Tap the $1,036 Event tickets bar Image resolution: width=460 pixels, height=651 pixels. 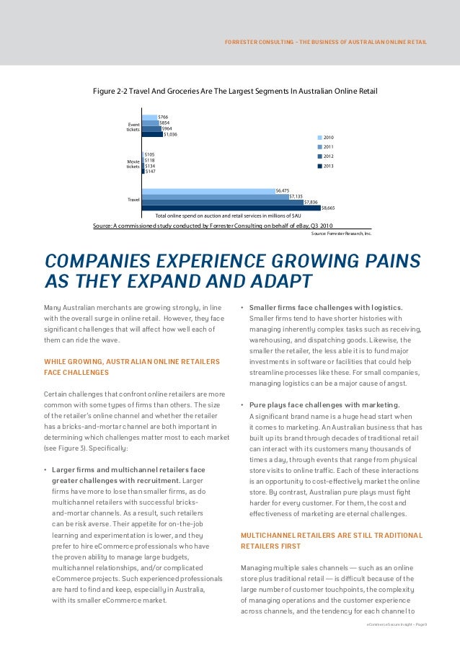coord(152,134)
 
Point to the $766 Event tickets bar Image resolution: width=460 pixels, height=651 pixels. coord(149,117)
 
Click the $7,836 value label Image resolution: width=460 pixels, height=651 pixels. coord(311,202)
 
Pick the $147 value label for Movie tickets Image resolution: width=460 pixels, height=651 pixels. coord(150,172)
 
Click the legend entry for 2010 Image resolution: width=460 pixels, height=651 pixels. coord(328,137)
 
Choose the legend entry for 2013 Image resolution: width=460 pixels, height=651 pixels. coord(328,166)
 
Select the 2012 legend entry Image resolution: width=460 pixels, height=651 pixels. coord(328,156)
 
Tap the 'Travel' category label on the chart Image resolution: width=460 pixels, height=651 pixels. coord(133,199)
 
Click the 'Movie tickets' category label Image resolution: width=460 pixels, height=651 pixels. coord(133,164)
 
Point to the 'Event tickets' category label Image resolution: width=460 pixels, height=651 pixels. coord(133,126)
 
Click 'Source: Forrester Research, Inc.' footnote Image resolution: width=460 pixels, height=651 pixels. coord(341,234)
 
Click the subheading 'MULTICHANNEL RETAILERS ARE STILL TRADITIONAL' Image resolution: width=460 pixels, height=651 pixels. coord(332,535)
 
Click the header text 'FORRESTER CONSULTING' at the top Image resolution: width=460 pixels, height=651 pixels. coord(256,42)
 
